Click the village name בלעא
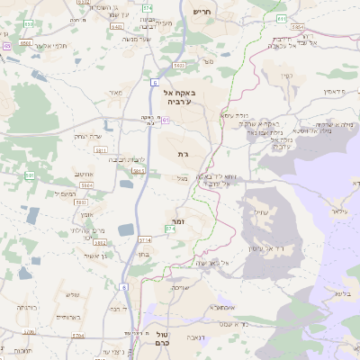coord(340,292)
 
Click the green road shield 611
coord(283,18)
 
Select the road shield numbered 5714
coord(144,239)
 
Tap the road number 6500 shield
coord(25,42)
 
